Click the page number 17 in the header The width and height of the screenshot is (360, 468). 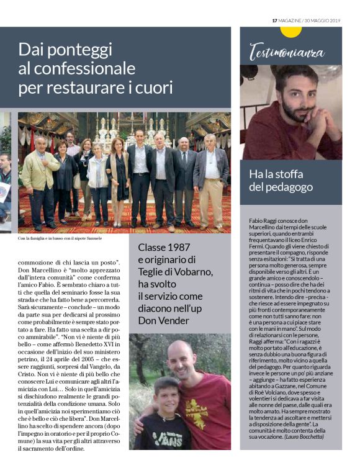coord(275,20)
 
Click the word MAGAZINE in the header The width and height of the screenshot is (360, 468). coord(290,20)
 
